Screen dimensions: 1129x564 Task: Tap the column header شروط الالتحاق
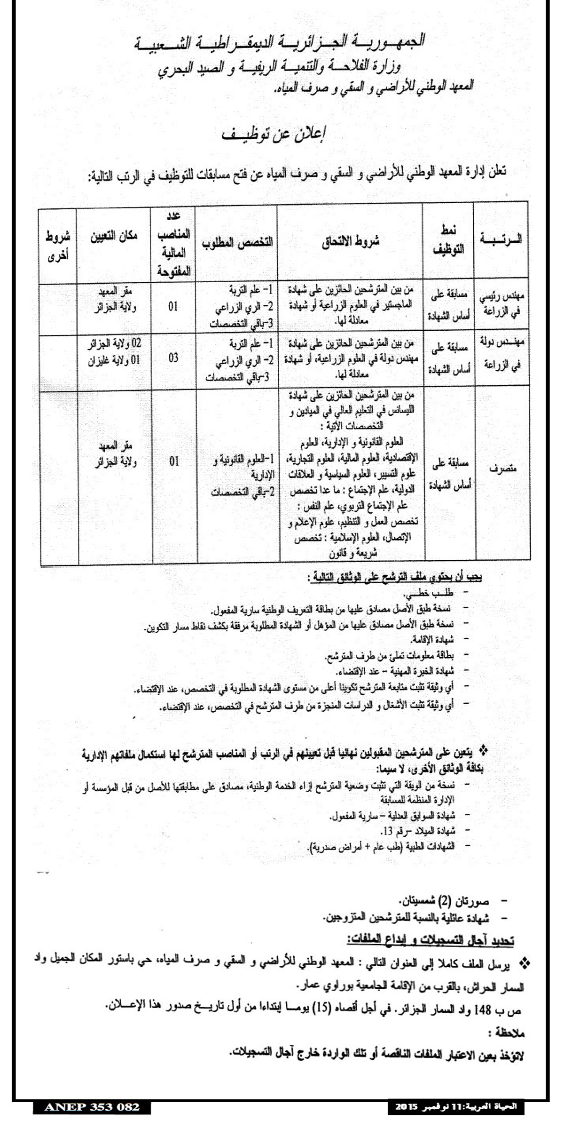pyautogui.click(x=350, y=242)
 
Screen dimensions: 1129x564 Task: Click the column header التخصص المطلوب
pyautogui.click(x=237, y=243)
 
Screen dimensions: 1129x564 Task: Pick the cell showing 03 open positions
pyautogui.click(x=173, y=358)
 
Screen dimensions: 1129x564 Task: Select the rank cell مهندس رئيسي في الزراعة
pyautogui.click(x=502, y=306)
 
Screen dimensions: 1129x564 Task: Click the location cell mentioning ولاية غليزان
pyautogui.click(x=114, y=361)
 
